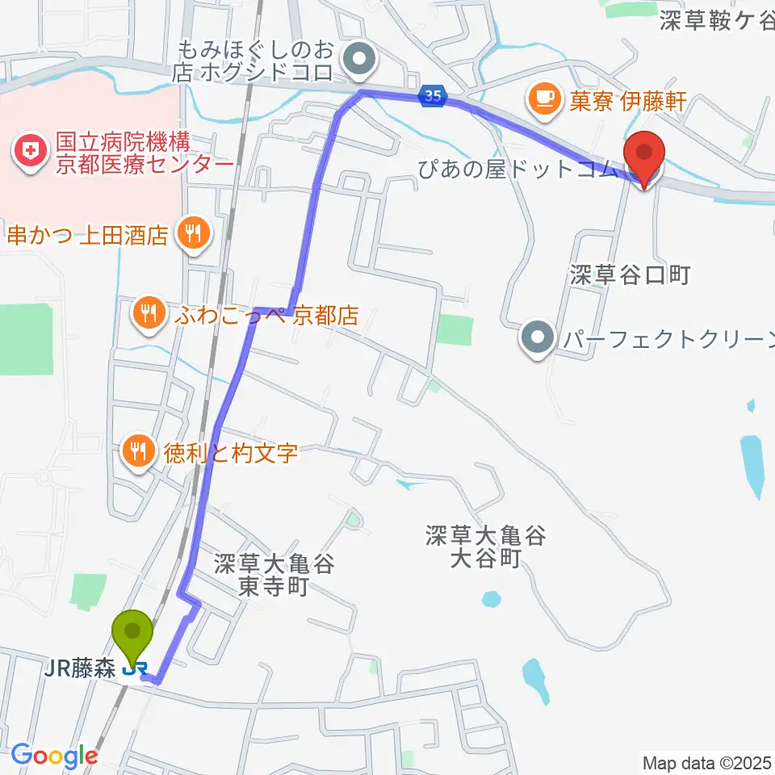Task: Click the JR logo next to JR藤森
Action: pyautogui.click(x=134, y=668)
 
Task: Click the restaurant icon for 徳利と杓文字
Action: pyautogui.click(x=136, y=450)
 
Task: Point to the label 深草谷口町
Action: pyautogui.click(x=630, y=275)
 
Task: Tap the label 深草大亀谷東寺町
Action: pyautogui.click(x=274, y=574)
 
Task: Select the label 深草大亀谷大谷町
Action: pyautogui.click(x=487, y=546)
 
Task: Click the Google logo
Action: pyautogui.click(x=54, y=756)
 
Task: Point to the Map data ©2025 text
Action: pyautogui.click(x=706, y=762)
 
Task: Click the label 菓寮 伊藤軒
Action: pyautogui.click(x=618, y=101)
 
